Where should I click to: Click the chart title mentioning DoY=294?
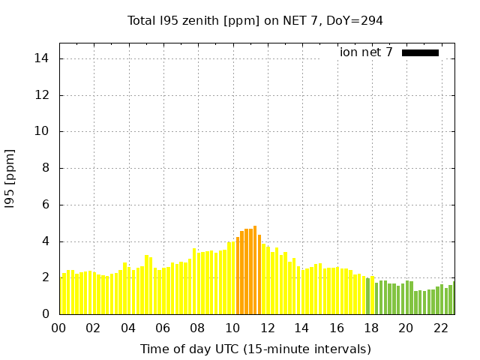255,20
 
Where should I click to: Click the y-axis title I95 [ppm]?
10,178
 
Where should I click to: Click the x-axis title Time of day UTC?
255,349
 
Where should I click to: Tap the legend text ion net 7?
366,52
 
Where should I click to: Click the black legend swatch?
420,52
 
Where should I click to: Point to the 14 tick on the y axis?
44,58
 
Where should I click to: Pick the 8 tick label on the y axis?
47,168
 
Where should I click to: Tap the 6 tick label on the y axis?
47,205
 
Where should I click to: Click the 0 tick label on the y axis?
47,314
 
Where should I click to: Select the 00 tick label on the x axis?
58,328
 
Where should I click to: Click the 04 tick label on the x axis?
128,328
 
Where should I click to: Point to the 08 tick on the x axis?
197,328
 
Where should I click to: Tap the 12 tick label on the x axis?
266,328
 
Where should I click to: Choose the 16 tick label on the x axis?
336,328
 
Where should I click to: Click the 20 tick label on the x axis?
405,328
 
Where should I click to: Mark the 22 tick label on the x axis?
439,328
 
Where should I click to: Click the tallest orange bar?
255,270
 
